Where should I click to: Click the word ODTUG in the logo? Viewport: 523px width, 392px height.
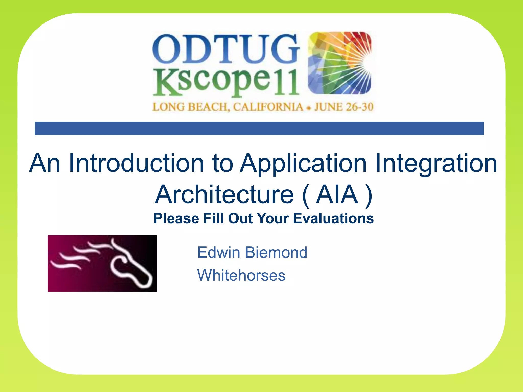click(226, 49)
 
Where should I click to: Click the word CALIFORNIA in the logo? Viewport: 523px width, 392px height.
click(268, 107)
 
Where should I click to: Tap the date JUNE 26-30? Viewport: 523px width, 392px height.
click(344, 107)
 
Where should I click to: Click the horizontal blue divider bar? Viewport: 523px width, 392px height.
click(259, 128)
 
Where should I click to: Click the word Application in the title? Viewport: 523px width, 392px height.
click(304, 164)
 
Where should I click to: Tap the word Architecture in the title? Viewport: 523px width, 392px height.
click(224, 195)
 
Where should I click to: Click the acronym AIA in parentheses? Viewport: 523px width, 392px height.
click(337, 195)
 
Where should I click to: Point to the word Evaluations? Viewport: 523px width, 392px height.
click(333, 218)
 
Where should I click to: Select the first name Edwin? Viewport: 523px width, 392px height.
click(219, 252)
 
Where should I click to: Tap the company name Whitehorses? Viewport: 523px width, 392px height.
click(241, 275)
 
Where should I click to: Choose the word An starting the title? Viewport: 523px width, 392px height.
click(45, 163)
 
